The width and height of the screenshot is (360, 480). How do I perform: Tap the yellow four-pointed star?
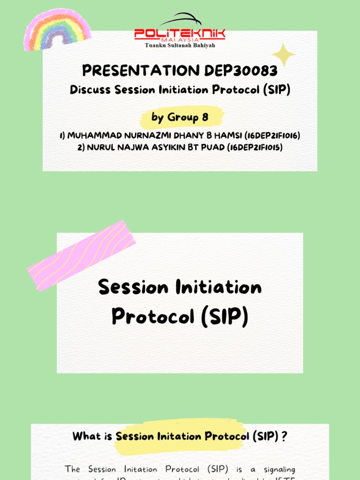coord(283,55)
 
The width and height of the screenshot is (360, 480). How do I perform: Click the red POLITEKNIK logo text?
coord(180,33)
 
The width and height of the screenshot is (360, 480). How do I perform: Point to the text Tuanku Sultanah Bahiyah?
coord(180,45)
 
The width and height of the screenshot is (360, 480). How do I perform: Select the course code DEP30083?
coord(241,71)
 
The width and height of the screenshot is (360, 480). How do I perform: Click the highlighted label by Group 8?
coord(180,117)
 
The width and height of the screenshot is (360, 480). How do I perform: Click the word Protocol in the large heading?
coord(152,317)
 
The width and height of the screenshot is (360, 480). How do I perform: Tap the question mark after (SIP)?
coord(285,436)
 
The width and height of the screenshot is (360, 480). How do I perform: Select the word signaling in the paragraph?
coord(279,469)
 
